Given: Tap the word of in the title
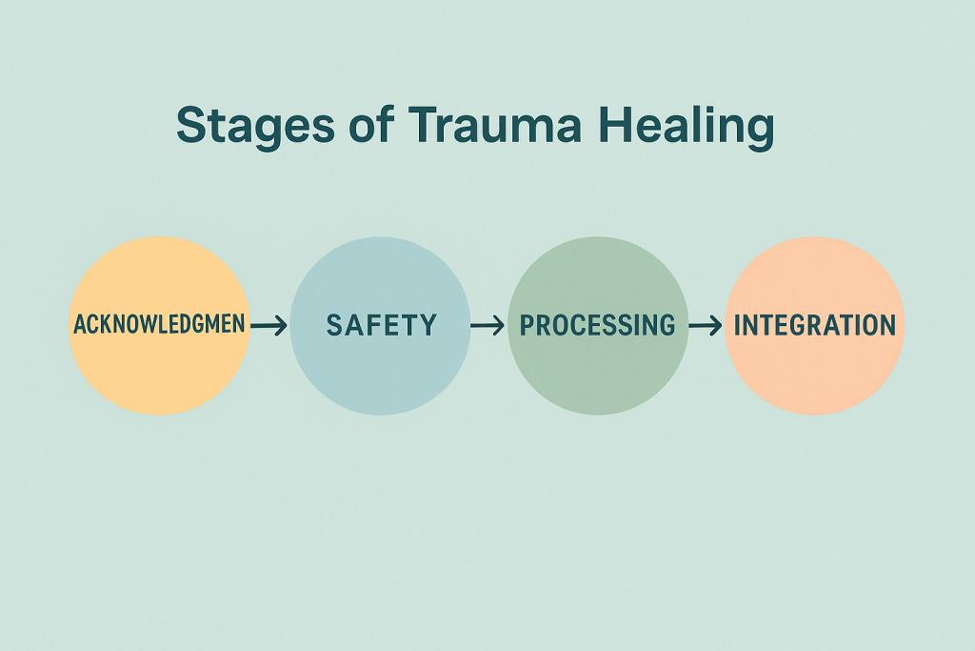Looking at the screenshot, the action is coord(371,124).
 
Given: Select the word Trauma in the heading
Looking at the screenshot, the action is coord(495,125).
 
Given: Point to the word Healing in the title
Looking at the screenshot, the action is coord(686,127).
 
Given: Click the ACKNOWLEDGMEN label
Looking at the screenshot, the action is coord(159,324).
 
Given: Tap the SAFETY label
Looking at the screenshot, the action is coord(382,326).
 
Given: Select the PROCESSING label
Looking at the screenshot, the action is coord(597,326).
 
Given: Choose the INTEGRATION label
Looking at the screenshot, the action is coord(815,326).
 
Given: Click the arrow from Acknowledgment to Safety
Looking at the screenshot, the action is coord(269,325).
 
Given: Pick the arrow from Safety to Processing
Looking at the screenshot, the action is coord(487,325).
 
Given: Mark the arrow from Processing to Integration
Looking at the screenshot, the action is coord(706,325).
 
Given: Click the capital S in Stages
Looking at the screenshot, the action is coord(191,125).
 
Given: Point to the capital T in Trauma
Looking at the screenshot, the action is coord(426,125).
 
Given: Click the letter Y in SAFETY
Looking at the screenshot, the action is coord(428,326).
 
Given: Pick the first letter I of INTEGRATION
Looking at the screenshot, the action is coord(738,326).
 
